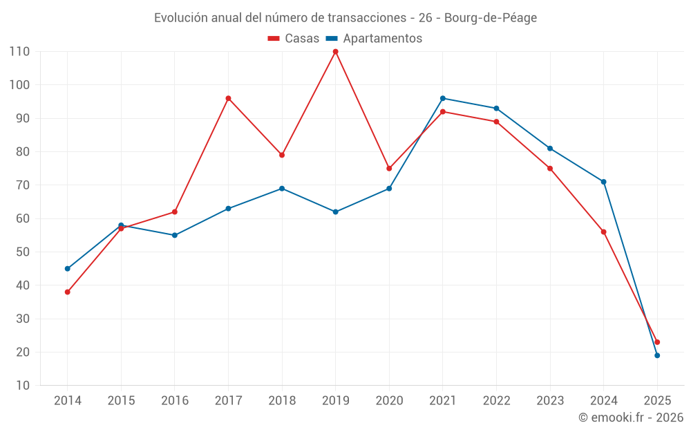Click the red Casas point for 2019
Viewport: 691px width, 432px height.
(336, 52)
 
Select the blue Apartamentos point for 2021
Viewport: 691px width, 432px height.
(443, 98)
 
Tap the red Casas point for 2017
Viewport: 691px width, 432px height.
(228, 98)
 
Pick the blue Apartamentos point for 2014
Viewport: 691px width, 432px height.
(68, 269)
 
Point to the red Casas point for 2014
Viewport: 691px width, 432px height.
(68, 292)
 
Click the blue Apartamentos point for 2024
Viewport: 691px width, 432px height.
(603, 182)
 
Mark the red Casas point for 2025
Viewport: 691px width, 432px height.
(657, 342)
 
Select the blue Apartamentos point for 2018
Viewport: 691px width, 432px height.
(282, 189)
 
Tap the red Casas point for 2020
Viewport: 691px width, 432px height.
(389, 169)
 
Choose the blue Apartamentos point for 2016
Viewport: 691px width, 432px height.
(175, 236)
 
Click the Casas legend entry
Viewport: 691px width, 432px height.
(294, 39)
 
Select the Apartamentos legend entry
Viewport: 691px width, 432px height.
(374, 39)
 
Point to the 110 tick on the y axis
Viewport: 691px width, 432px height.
(19, 52)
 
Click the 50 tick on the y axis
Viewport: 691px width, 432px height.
(23, 252)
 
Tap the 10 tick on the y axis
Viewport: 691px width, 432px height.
(23, 386)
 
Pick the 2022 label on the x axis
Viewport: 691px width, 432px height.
(496, 401)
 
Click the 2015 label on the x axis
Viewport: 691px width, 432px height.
(121, 401)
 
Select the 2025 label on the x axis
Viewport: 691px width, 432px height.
(657, 401)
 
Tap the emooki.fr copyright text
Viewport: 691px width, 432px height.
(631, 417)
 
